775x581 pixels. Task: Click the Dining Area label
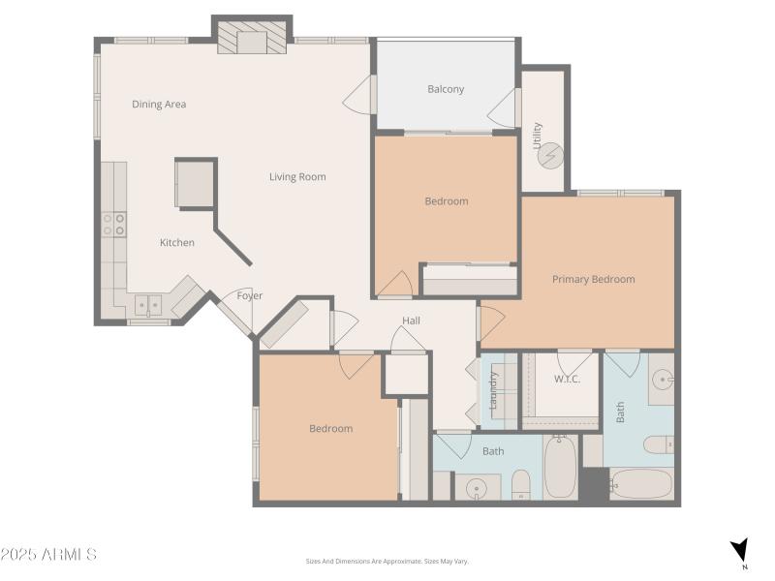(x=159, y=104)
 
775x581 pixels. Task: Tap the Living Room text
(x=297, y=176)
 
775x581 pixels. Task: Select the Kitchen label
(x=176, y=242)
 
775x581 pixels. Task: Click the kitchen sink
(x=148, y=305)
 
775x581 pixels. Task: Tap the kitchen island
(x=195, y=183)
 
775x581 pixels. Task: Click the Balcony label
(x=446, y=89)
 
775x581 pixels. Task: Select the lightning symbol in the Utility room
(x=550, y=155)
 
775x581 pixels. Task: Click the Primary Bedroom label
(x=593, y=279)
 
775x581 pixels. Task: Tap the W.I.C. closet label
(x=567, y=379)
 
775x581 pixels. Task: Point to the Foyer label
(x=250, y=295)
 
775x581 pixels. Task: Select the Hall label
(x=411, y=321)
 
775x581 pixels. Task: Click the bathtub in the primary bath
(x=640, y=484)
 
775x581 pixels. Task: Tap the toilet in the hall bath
(x=520, y=483)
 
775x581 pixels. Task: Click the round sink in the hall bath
(x=475, y=488)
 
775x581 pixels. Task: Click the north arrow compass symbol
(x=739, y=551)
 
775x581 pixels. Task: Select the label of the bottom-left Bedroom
(x=330, y=428)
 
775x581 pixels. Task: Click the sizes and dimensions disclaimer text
(x=387, y=561)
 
